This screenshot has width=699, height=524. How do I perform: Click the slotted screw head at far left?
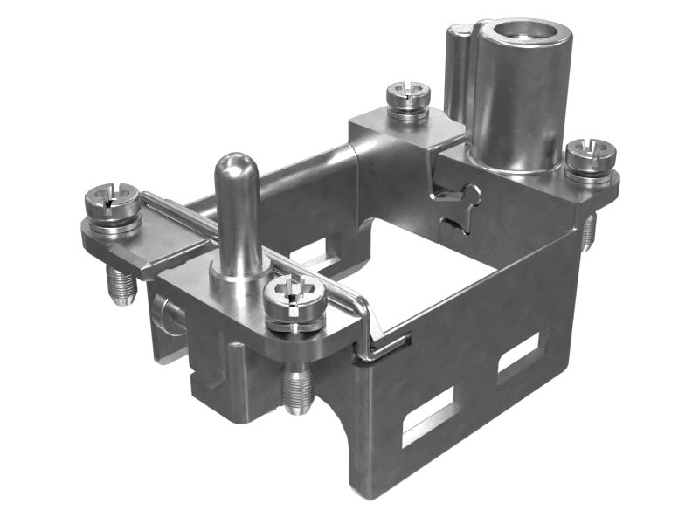(x=112, y=201)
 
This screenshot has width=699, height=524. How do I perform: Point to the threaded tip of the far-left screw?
(x=121, y=285)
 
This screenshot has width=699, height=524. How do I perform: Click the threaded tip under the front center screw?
(x=299, y=391)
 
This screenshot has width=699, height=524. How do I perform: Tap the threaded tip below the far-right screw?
(x=589, y=231)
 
